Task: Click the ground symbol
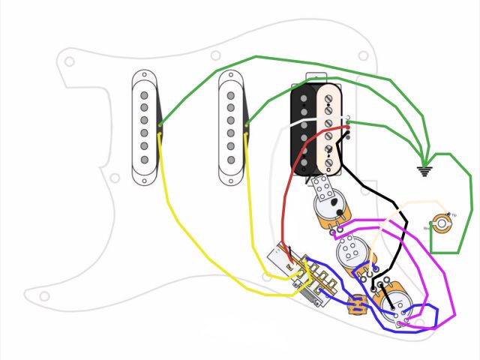[425, 171]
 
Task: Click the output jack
[442, 223]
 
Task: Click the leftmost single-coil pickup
[144, 127]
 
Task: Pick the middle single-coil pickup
[231, 127]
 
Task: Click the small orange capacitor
[357, 304]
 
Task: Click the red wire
[285, 195]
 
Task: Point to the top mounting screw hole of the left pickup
[144, 76]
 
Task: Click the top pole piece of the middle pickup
[231, 96]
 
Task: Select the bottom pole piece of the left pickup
[144, 160]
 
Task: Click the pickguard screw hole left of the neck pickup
[115, 178]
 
